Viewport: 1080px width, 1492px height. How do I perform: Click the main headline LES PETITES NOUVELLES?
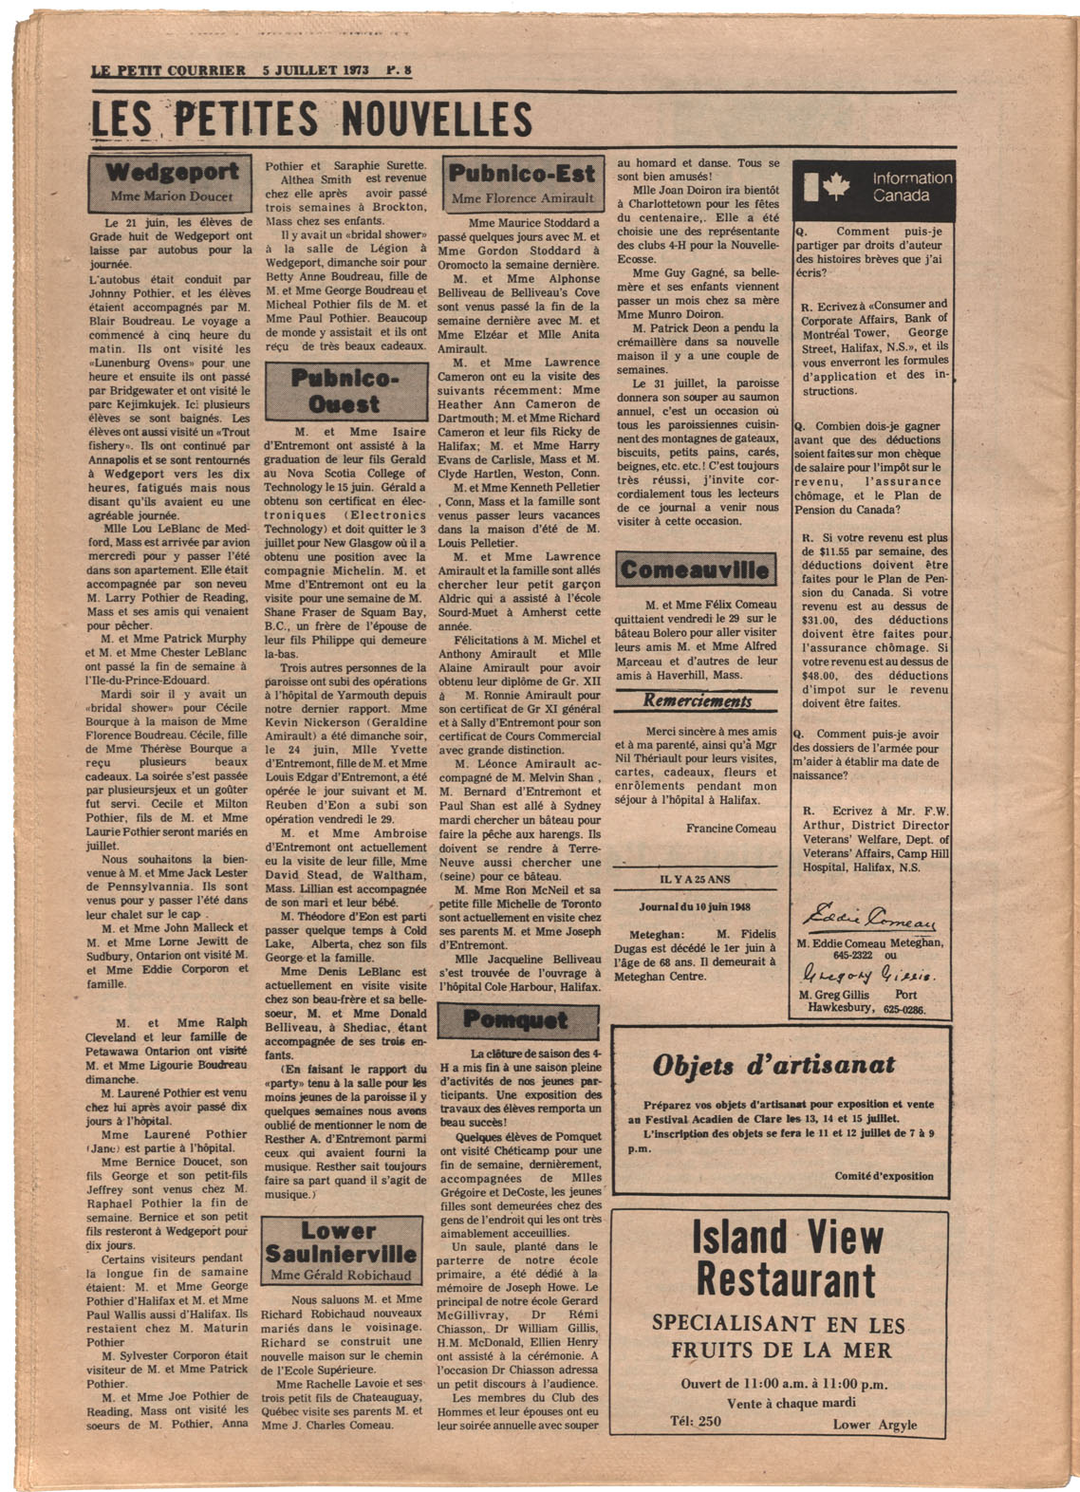point(310,121)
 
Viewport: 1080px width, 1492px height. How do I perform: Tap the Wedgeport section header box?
point(171,183)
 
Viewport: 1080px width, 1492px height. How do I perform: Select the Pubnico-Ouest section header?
point(345,391)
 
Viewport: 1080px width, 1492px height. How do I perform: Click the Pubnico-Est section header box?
point(522,183)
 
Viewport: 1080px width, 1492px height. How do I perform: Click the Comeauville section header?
point(695,570)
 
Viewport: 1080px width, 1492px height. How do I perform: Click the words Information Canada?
point(912,187)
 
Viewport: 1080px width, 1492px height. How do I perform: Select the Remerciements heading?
point(697,701)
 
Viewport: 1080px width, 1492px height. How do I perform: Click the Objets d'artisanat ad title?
point(773,1065)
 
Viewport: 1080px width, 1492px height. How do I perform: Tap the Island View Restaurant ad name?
point(786,1259)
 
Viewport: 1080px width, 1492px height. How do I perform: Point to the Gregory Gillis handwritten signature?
point(865,974)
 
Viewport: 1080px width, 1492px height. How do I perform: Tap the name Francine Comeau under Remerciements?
point(731,829)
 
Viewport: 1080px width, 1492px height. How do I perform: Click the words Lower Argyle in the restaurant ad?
point(875,1424)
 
